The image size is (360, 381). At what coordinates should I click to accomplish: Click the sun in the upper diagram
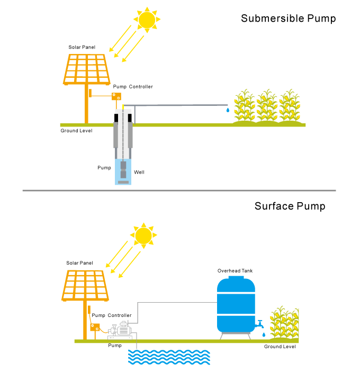point(147,20)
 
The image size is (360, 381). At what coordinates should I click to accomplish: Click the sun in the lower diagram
point(143,235)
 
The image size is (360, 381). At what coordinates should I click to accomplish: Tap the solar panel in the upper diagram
point(87,69)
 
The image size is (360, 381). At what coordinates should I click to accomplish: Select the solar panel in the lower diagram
point(85,285)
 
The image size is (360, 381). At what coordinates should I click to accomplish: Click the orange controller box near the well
point(116,96)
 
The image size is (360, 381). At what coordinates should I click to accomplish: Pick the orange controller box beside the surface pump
point(95,327)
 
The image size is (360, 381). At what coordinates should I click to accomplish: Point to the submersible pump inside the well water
point(123,170)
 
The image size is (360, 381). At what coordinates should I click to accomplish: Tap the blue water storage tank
point(236,304)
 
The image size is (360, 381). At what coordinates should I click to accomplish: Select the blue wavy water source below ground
point(169,357)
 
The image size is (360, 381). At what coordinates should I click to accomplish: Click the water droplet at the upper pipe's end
point(228,110)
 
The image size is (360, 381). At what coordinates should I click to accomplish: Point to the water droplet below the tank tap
point(264,334)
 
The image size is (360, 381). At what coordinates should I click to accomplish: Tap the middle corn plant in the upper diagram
point(267,107)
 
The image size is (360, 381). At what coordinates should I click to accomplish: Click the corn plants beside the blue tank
point(285,323)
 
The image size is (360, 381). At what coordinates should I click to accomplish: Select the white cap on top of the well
point(123,112)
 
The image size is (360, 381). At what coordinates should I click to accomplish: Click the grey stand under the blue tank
point(236,335)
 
